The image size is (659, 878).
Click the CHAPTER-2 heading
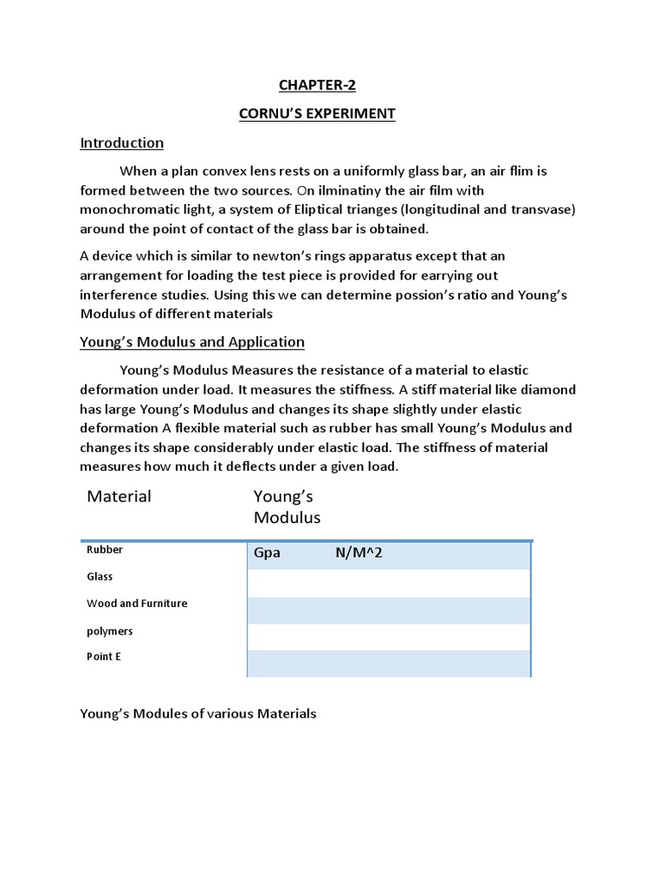tap(317, 85)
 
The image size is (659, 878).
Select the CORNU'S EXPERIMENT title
tap(317, 114)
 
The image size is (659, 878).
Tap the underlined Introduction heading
tap(122, 142)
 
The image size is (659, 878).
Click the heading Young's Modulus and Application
tap(192, 341)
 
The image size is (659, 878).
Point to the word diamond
tap(550, 389)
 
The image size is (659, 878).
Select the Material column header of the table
tap(119, 496)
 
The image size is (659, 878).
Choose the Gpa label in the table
tap(268, 554)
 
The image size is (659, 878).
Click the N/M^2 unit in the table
tap(359, 554)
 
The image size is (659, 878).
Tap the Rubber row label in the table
tap(105, 550)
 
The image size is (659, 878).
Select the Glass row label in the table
tap(100, 577)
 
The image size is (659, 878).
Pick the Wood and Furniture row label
tap(137, 604)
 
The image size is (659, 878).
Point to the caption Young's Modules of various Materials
tap(198, 713)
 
